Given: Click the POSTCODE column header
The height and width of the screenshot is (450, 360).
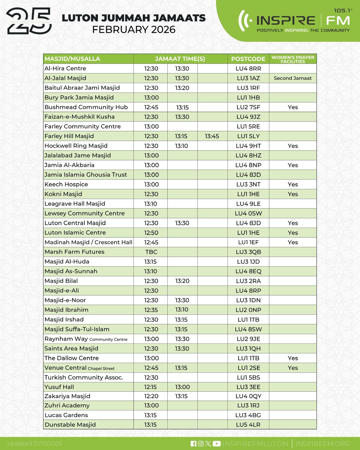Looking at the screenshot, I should click(x=248, y=59).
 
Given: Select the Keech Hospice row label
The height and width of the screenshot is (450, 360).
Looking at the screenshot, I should click(x=66, y=184).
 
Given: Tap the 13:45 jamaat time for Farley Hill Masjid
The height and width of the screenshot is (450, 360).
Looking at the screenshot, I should click(x=212, y=136).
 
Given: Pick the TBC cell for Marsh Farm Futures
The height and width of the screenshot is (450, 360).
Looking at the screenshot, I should click(x=151, y=252).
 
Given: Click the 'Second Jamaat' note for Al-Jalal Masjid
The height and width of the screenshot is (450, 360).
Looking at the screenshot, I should click(x=293, y=78).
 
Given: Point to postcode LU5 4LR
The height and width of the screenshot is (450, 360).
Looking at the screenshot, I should click(x=248, y=425).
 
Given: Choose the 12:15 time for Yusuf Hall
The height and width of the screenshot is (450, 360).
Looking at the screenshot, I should click(x=150, y=387).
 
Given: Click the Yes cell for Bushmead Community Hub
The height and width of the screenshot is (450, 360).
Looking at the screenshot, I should click(x=293, y=107).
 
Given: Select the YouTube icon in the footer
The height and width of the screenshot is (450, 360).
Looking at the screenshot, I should click(x=217, y=444).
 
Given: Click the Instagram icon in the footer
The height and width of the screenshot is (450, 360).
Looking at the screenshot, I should click(x=201, y=444).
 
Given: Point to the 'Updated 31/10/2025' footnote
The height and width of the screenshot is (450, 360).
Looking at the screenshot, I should click(x=35, y=444).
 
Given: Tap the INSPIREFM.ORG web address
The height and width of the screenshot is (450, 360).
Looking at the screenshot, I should click(x=323, y=444).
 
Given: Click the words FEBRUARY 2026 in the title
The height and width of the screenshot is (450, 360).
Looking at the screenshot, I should click(x=134, y=30).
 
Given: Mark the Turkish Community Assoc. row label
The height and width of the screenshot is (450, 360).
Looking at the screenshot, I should click(x=84, y=377).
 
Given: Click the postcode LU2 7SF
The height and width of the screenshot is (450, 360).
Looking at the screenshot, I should click(x=248, y=107).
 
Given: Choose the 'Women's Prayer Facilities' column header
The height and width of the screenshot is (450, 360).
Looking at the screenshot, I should click(x=293, y=59).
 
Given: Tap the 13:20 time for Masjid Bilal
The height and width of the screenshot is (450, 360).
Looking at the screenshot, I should click(x=182, y=281).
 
